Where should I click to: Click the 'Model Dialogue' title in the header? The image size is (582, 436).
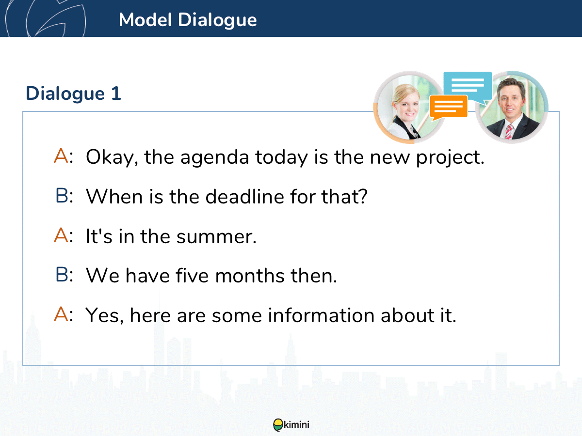tap(188, 20)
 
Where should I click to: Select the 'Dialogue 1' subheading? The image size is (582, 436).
tap(73, 94)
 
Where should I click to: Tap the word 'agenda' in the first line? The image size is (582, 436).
tap(215, 158)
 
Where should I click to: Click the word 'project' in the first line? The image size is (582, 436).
tap(450, 158)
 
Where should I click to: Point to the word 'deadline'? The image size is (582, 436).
tap(245, 197)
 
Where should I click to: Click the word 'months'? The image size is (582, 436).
tap(250, 276)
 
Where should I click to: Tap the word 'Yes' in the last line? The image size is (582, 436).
tap(104, 316)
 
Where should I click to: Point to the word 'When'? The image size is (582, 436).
tap(114, 197)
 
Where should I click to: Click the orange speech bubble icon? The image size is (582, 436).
tap(448, 108)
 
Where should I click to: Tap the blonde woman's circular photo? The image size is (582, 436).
tap(409, 107)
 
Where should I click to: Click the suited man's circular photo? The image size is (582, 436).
tap(512, 107)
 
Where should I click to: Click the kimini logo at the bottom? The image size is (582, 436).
tap(291, 425)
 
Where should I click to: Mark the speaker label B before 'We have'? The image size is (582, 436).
tap(64, 275)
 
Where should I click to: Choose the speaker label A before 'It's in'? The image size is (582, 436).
tap(63, 235)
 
